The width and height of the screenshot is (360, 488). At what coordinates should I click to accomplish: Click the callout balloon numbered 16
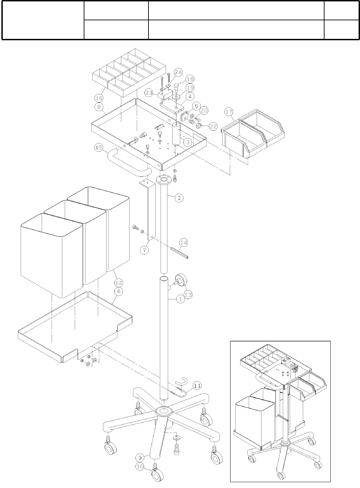[x=99, y=98]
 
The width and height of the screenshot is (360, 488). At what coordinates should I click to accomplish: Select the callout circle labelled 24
[x=178, y=72]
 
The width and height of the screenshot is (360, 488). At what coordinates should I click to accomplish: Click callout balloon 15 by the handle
[x=99, y=148]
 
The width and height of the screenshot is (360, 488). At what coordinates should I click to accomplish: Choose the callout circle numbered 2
[x=179, y=198]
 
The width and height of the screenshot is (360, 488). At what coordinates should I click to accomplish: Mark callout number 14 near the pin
[x=183, y=243]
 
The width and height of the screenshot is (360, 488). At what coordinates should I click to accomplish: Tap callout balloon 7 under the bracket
[x=144, y=250]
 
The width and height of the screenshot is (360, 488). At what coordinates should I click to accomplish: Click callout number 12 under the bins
[x=119, y=283]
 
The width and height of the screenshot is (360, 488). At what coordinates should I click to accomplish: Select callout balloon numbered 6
[x=119, y=291]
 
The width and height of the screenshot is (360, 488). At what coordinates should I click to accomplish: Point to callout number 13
[x=188, y=295]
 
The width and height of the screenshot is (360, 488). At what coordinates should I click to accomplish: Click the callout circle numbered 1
[x=180, y=299]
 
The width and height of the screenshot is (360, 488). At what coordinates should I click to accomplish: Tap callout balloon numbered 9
[x=140, y=458]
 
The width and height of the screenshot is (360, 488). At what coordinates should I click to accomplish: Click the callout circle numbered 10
[x=140, y=467]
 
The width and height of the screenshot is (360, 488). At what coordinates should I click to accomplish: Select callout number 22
[x=213, y=126]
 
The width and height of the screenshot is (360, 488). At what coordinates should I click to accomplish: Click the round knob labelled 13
[x=181, y=279]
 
